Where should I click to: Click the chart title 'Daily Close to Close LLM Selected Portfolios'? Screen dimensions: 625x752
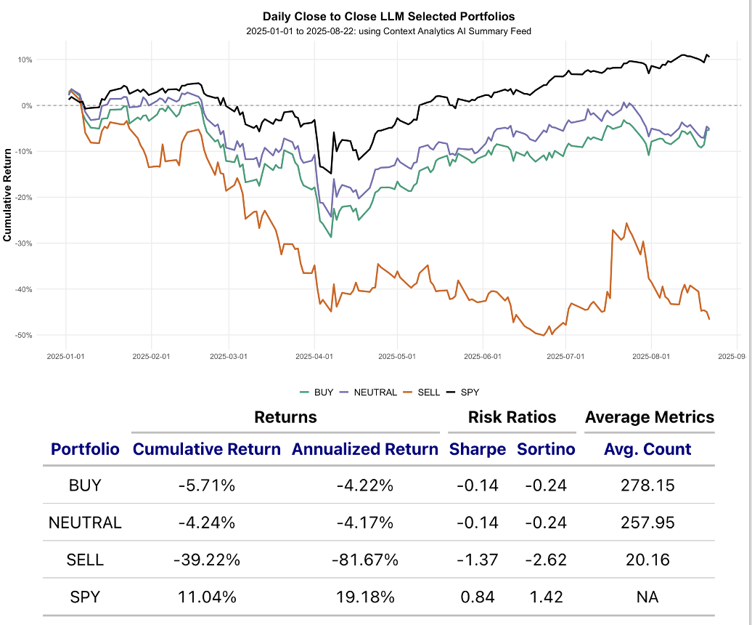pos(389,16)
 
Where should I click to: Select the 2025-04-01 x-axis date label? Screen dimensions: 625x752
pos(314,357)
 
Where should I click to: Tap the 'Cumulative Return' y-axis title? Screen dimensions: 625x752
pos(8,195)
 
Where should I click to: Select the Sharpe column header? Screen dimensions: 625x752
pos(477,449)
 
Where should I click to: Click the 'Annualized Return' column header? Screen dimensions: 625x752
pos(365,449)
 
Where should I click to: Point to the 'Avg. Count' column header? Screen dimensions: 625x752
pos(647,449)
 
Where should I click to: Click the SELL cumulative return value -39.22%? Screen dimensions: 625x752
pos(206,560)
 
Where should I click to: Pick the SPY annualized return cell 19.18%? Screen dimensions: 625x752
pos(365,597)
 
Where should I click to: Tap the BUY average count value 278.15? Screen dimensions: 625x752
pos(647,485)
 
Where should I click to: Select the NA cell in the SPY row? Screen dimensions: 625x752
pos(647,597)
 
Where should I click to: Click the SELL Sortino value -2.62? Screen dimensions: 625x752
pos(546,560)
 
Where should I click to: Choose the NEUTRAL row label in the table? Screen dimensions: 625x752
pos(85,523)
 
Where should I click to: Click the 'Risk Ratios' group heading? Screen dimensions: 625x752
pos(512,417)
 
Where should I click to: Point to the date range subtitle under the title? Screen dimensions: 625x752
pos(389,31)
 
